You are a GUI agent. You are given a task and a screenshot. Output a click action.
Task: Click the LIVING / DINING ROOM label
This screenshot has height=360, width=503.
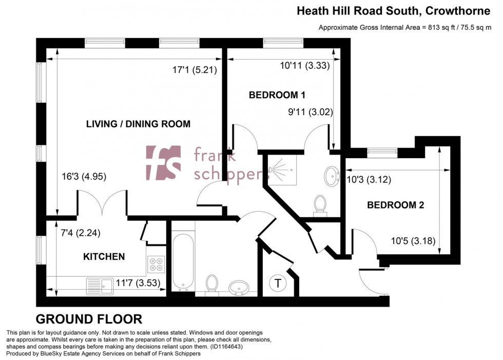coord(138,124)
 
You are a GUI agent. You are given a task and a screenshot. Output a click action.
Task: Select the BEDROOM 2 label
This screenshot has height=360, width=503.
coord(395,205)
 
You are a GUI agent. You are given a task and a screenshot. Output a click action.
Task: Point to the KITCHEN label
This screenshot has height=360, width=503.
coord(104,256)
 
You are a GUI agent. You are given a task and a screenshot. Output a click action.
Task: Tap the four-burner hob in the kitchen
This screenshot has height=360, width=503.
coord(156,264)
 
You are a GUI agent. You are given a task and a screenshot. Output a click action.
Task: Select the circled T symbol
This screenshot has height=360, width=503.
coord(278,283)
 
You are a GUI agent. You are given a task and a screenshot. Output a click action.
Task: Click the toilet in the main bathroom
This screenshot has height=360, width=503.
coord(211,283)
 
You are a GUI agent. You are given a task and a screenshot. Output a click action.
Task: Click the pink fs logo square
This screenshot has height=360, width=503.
coord(163,162)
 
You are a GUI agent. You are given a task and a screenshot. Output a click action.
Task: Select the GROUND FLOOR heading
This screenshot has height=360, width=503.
coord(89,319)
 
